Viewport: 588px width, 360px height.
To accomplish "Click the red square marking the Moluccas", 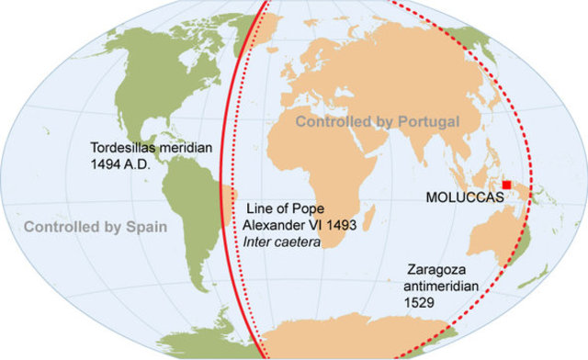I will (506, 185).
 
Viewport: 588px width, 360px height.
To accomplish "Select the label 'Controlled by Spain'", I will (96, 225).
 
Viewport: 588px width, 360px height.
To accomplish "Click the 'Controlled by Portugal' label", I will (378, 121).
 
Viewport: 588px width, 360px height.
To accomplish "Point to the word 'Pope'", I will (311, 208).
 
